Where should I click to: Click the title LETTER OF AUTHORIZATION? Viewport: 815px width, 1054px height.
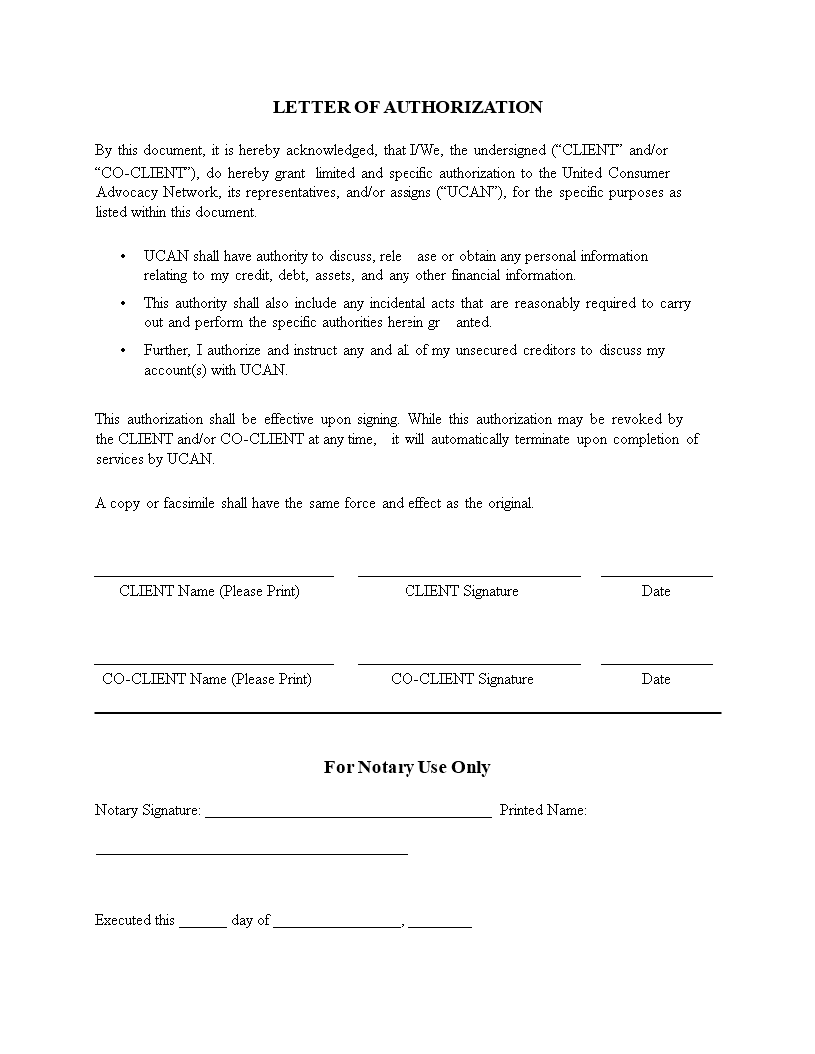[x=407, y=107]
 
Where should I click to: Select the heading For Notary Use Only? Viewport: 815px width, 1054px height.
[x=407, y=767]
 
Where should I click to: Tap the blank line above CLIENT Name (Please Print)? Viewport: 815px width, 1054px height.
[x=214, y=576]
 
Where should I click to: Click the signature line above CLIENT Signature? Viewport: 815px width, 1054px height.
[x=468, y=576]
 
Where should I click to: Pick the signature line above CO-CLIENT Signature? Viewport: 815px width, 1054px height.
[x=468, y=664]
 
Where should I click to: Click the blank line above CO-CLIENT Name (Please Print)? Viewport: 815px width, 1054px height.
[x=214, y=664]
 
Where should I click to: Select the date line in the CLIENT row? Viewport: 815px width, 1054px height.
[x=656, y=576]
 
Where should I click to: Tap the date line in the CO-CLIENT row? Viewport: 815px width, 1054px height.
[x=656, y=664]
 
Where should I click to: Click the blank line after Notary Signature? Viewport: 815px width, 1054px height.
[x=348, y=816]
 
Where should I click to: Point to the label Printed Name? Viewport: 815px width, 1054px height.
[x=543, y=810]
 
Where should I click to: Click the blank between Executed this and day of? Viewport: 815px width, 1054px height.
[x=203, y=926]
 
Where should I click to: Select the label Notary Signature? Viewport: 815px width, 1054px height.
[x=148, y=810]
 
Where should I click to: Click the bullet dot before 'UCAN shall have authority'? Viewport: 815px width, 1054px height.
[x=123, y=257]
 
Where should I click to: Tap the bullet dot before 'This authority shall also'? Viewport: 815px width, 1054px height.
[x=123, y=303]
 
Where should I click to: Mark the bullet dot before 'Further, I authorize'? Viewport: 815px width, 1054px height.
[x=123, y=350]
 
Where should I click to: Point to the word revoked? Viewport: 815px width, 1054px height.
[x=632, y=419]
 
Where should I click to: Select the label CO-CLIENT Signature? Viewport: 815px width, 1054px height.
[x=461, y=679]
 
